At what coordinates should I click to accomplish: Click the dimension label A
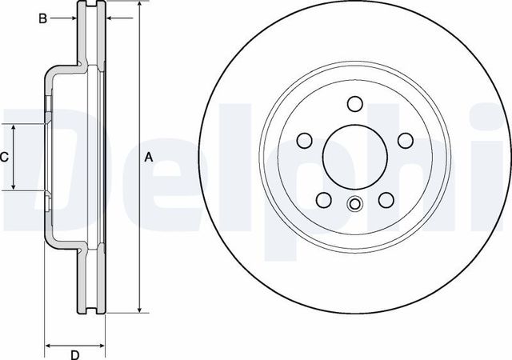click(148, 158)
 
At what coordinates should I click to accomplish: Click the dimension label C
click(4, 158)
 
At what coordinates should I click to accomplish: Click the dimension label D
click(74, 354)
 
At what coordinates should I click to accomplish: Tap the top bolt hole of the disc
click(354, 104)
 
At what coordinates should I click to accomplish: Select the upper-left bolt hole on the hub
click(304, 141)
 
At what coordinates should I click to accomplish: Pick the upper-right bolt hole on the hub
click(405, 141)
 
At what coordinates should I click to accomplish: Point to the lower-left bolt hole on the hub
click(323, 200)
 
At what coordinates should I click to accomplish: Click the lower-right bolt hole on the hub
click(386, 200)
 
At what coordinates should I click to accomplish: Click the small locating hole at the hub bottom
click(354, 204)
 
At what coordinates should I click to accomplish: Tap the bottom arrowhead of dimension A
click(140, 309)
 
